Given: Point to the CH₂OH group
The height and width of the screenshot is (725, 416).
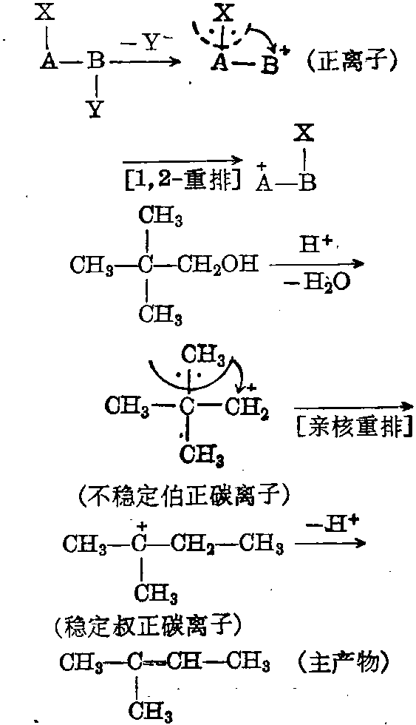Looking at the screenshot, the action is pos(215,266).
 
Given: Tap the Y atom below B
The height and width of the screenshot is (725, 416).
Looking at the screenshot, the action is pos(95,109).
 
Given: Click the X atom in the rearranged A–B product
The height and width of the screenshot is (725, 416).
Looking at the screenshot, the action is pos(306,135).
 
